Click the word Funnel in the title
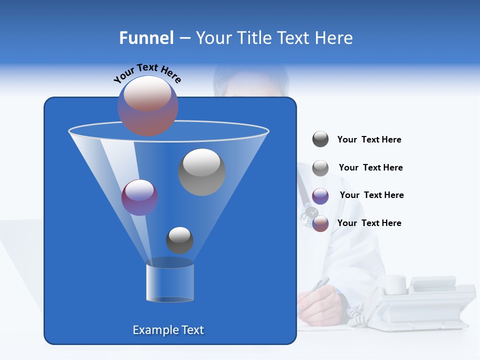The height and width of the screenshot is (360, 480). pos(146,38)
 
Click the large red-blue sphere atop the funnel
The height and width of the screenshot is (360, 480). pos(148,105)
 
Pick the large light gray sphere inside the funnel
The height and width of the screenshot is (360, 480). pos(201,172)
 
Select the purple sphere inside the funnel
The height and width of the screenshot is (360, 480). pos(139,197)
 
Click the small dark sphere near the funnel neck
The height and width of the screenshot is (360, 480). pos(179,240)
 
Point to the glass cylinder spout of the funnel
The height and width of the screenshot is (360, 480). pos(169,282)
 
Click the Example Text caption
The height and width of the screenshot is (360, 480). pos(168,330)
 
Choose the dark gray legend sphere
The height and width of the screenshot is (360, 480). pos(320,139)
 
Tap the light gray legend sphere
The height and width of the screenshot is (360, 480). pos(320,168)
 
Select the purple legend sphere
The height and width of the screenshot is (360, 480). pos(320,196)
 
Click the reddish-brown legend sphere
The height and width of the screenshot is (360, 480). pos(320,223)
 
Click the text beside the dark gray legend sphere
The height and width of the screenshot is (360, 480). pos(369,140)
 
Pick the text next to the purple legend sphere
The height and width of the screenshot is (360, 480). pos(371,195)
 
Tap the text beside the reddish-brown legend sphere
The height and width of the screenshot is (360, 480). pos(369,223)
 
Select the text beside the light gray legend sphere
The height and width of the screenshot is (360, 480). pos(370,168)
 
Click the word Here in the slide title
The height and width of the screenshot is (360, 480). pos(334,38)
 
